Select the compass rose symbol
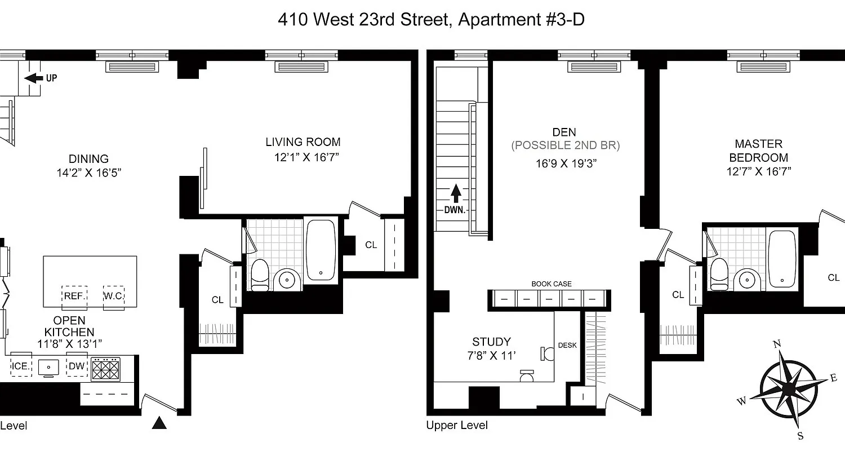click(789, 390)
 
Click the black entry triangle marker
click(160, 423)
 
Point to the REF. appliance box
click(74, 295)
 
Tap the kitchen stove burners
click(106, 370)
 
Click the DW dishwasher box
click(77, 366)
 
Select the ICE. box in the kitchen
click(21, 366)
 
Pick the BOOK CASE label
click(552, 284)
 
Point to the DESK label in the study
click(567, 345)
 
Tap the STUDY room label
click(491, 342)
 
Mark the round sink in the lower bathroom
click(288, 278)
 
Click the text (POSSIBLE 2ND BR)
click(565, 145)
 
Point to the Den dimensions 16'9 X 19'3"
click(565, 163)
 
